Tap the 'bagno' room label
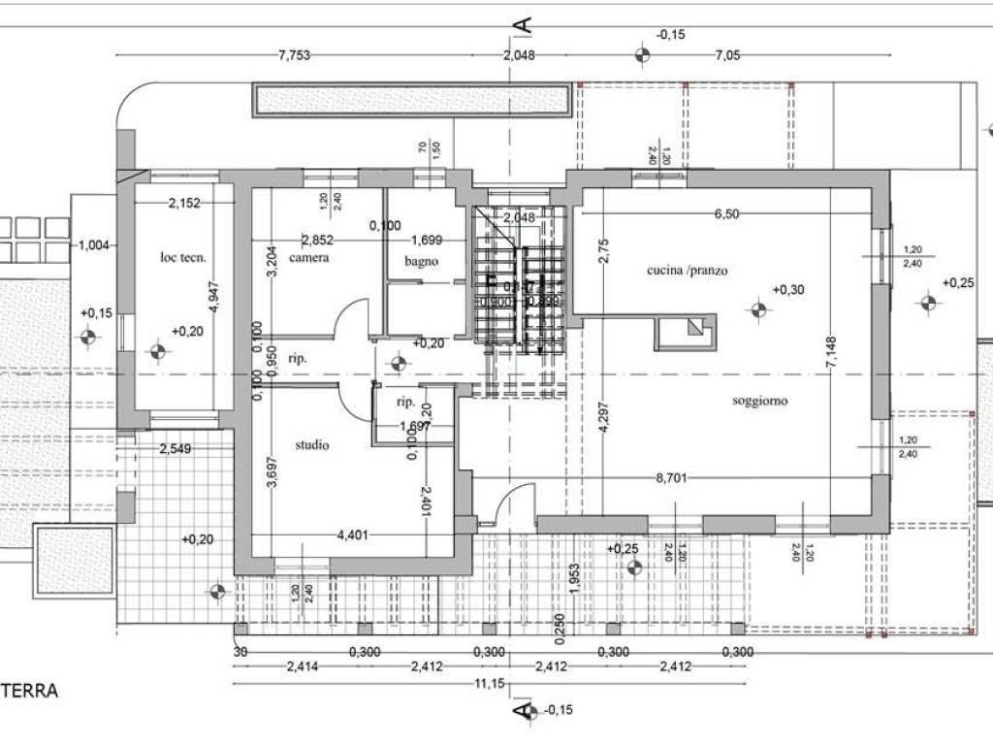point(422,261)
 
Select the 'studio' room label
point(312,445)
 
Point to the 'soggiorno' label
point(759,401)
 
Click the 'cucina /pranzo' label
point(688,271)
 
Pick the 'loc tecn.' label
point(183,257)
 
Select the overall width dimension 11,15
point(488,685)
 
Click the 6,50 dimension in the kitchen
point(727,213)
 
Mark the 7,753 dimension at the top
point(293,55)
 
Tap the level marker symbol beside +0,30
point(758,310)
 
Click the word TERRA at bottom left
point(29,691)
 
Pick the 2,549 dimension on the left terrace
point(176,448)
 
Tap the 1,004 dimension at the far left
point(93,244)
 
